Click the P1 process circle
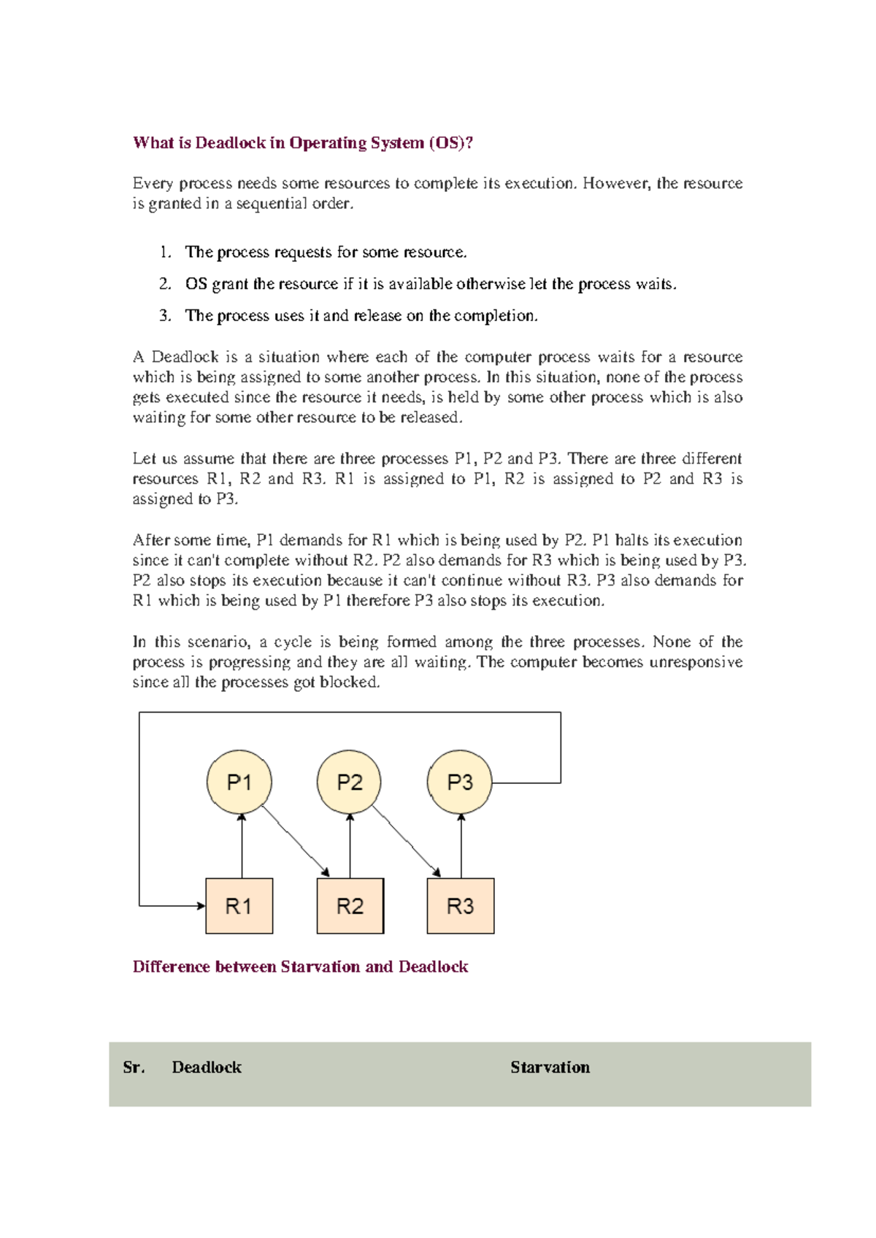(239, 782)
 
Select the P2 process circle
(349, 782)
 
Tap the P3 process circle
(459, 782)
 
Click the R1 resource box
(239, 906)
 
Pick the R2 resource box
(350, 906)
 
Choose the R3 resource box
(461, 906)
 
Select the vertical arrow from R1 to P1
(242, 847)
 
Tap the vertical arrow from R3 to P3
(461, 847)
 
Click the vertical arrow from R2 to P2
(350, 847)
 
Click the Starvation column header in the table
(550, 1067)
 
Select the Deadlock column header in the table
(207, 1067)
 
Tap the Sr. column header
(134, 1067)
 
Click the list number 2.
(165, 284)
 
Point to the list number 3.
(165, 315)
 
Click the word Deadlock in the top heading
(230, 142)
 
